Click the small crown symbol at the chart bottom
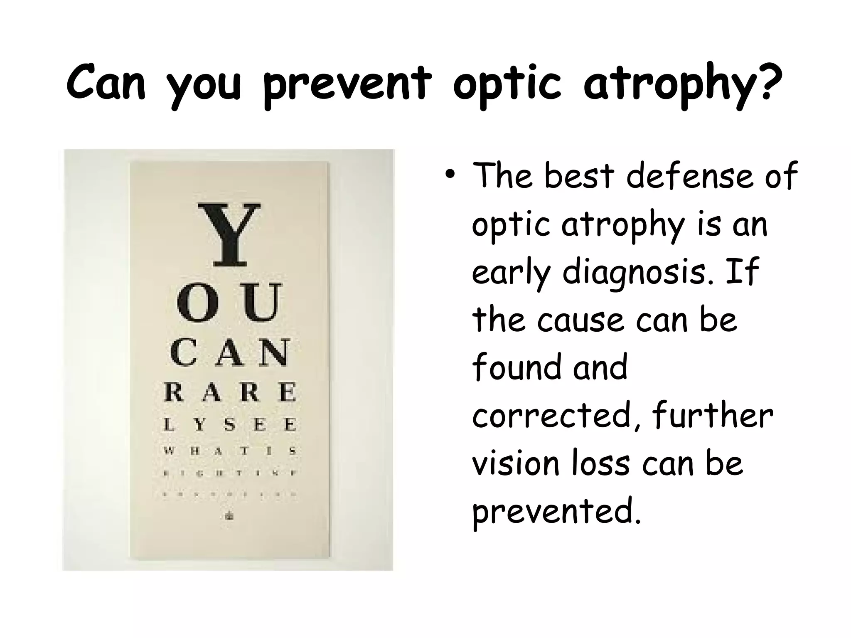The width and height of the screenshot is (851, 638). (x=229, y=516)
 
